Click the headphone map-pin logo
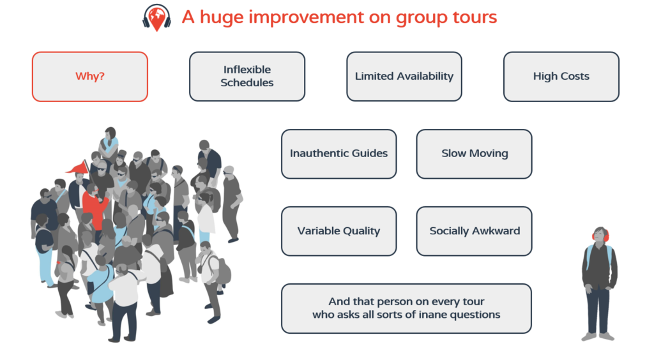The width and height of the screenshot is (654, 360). [156, 18]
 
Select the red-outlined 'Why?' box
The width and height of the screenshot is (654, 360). [90, 77]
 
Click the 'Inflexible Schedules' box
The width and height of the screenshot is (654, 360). [247, 77]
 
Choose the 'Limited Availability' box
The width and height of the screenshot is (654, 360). [404, 77]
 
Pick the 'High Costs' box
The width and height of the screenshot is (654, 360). [561, 77]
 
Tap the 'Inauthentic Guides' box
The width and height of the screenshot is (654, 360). [339, 154]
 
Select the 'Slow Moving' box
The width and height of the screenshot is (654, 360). [475, 154]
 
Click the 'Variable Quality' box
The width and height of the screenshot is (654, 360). [339, 231]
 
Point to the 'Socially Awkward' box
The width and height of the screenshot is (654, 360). [475, 231]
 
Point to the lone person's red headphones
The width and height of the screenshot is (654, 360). [601, 236]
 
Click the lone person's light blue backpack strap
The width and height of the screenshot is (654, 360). [589, 256]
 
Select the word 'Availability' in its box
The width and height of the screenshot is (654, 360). [425, 77]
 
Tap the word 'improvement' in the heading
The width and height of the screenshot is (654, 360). [307, 18]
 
